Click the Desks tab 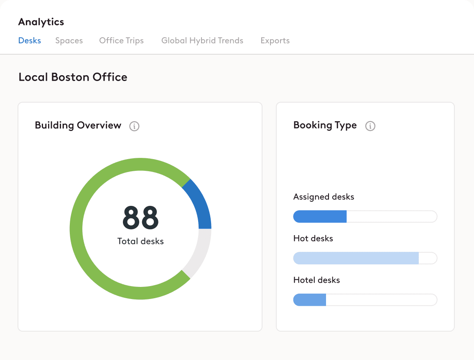[30, 41]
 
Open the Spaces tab [69, 41]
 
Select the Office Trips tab [121, 41]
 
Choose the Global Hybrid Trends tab [202, 41]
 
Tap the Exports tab [275, 41]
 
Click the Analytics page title [41, 22]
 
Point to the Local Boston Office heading [73, 77]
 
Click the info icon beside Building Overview [134, 126]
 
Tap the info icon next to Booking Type [370, 126]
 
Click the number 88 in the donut [140, 218]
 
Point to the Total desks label [140, 241]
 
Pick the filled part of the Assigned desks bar [320, 217]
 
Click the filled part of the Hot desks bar [356, 258]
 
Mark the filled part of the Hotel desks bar [310, 300]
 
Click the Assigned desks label [324, 197]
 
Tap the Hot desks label [313, 238]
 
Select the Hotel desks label [316, 280]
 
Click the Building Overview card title [78, 125]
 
